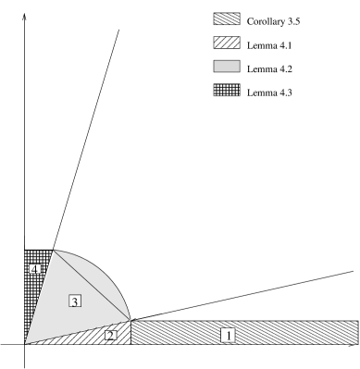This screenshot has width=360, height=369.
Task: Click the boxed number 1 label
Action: click(229, 335)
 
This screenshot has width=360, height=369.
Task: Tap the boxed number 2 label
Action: click(111, 335)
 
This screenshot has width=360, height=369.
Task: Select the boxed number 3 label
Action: click(75, 300)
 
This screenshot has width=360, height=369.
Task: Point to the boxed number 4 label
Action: click(34, 269)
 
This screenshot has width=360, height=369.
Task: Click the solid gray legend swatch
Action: click(227, 67)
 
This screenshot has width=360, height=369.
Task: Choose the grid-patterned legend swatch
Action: click(227, 91)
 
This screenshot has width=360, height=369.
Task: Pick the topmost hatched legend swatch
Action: click(227, 18)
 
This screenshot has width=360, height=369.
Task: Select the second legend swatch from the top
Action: click(227, 43)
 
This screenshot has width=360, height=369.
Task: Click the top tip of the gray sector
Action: click(53, 251)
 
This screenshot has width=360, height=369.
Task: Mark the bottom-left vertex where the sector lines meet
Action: click(25, 344)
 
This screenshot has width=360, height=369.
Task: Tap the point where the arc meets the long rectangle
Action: click(131, 320)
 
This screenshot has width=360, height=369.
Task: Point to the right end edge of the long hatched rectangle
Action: click(357, 333)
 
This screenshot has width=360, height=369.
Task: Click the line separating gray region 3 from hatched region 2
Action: click(79, 332)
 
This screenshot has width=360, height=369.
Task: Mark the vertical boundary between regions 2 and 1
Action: click(131, 333)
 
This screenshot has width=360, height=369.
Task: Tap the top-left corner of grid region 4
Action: click(25, 251)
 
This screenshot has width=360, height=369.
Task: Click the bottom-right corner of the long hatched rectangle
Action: click(357, 344)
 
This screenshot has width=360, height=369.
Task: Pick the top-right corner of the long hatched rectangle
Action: click(357, 321)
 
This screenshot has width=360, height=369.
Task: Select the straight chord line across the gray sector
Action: click(93, 286)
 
